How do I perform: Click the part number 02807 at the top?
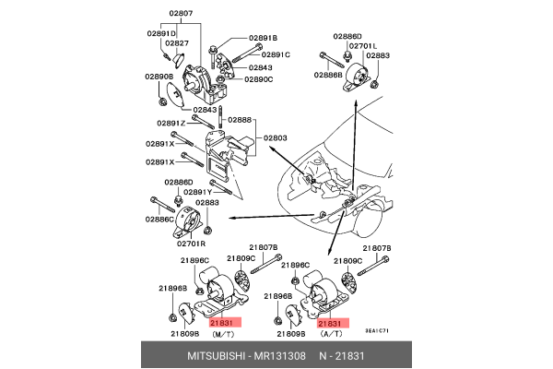181,14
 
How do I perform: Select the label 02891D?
161,33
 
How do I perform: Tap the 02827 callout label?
177,43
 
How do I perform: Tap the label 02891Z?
171,123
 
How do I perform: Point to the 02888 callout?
239,120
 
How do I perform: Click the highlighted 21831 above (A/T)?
330,324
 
